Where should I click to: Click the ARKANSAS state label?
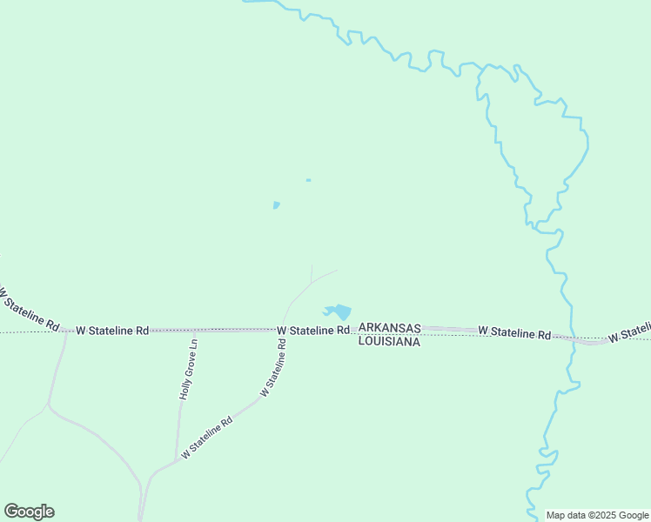[390, 328]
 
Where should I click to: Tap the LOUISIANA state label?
[389, 342]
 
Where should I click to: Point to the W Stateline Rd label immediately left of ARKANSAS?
[313, 331]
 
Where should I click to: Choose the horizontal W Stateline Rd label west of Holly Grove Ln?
[112, 331]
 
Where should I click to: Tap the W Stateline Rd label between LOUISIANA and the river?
[514, 332]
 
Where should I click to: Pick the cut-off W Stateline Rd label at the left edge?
[28, 309]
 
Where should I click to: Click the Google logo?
[30, 512]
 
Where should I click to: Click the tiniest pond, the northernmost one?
[308, 180]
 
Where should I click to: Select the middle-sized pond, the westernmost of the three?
[276, 205]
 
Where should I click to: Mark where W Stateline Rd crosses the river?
[574, 338]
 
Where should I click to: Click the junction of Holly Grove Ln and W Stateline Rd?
[194, 331]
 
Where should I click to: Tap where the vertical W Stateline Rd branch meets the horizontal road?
[282, 330]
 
